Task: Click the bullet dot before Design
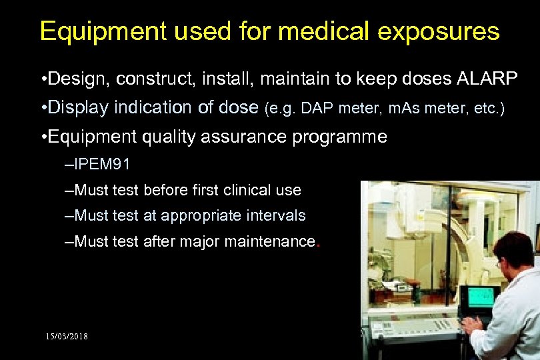click(x=42, y=80)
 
